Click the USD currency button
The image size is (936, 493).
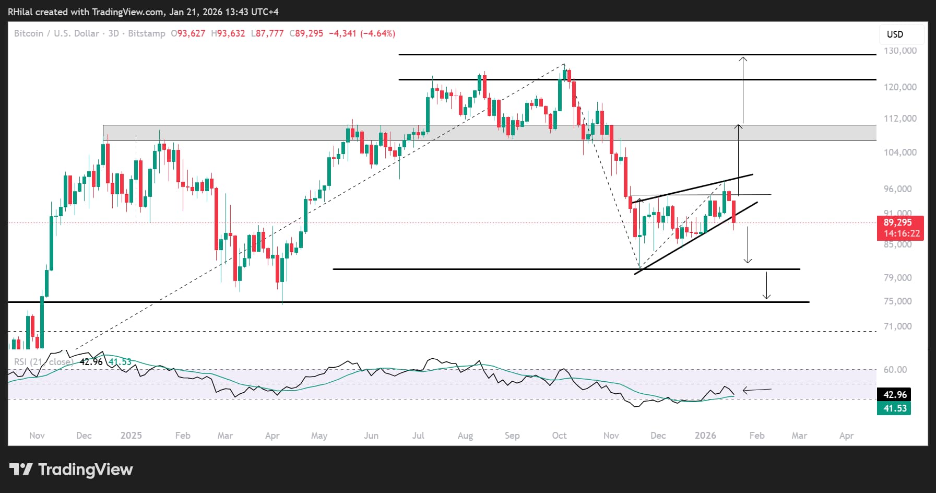(895, 34)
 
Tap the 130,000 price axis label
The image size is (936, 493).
(900, 51)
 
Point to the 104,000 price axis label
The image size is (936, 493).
(900, 152)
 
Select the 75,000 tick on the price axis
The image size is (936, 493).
(898, 301)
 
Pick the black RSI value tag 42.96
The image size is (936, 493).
(895, 395)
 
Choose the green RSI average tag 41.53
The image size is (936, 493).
(895, 408)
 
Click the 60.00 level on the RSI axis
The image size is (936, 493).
(895, 370)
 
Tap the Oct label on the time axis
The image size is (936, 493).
(559, 436)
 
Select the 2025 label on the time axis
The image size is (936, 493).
(131, 436)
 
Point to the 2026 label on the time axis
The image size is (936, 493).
(705, 436)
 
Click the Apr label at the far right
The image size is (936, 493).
(846, 436)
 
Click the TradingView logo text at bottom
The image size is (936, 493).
(85, 469)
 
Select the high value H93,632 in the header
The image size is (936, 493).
(228, 33)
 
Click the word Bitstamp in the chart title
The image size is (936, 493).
(147, 33)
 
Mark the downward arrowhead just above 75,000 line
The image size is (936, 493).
(766, 297)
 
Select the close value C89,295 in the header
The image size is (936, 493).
(306, 33)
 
